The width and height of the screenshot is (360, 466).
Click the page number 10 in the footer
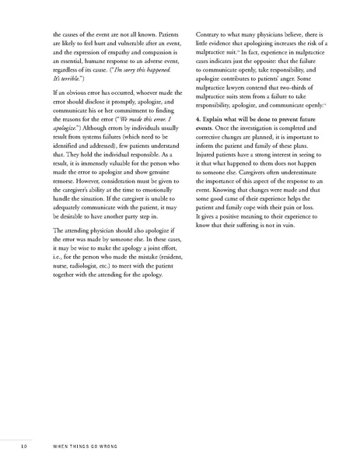click(26, 447)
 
